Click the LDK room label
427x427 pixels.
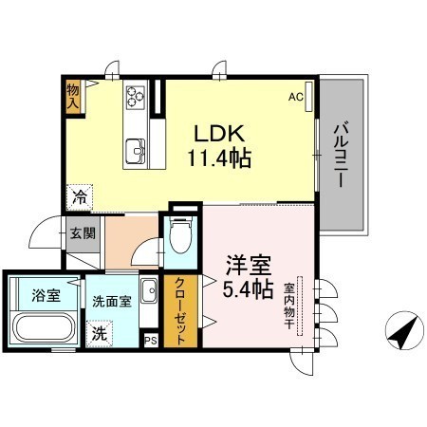[219, 134]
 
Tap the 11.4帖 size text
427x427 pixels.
[219, 158]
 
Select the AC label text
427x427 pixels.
[296, 97]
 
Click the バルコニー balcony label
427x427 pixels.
[341, 155]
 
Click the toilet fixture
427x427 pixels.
[180, 234]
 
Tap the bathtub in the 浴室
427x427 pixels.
[44, 328]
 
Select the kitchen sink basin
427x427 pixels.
[136, 152]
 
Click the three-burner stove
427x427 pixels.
[136, 96]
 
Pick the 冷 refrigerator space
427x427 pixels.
[80, 197]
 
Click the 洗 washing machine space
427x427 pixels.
[100, 334]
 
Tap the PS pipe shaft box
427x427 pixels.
[151, 341]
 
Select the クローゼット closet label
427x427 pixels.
[180, 311]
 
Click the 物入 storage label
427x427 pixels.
[73, 97]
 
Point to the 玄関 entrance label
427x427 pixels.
[83, 233]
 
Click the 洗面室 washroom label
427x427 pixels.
[112, 301]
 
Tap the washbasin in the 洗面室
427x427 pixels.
[149, 291]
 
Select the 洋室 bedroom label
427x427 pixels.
[249, 266]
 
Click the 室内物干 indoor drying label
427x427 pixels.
[288, 306]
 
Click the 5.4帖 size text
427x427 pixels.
[248, 289]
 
